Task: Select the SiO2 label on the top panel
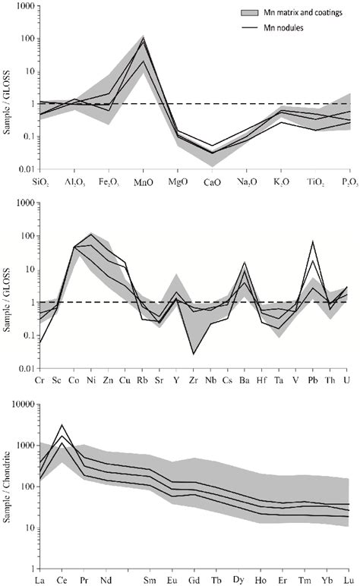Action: point(43,184)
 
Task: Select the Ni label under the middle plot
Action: point(91,378)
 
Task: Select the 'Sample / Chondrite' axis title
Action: point(9,486)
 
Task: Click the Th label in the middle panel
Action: point(330,378)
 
